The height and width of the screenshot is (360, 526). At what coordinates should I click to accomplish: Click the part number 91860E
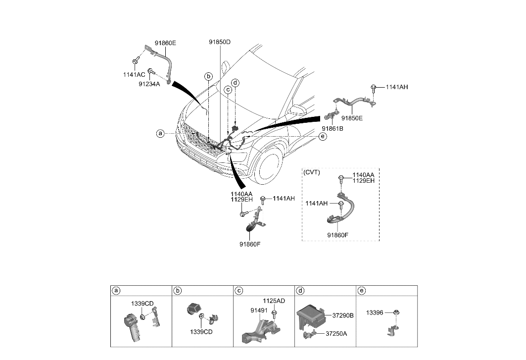pyautogui.click(x=165, y=43)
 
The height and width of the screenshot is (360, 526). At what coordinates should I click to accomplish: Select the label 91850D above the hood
pyautogui.click(x=220, y=42)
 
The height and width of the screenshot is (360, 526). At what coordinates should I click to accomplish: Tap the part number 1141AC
pyautogui.click(x=134, y=74)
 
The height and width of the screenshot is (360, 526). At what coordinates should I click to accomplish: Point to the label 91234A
pyautogui.click(x=149, y=84)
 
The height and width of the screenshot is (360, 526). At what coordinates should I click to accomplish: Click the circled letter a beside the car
pyautogui.click(x=160, y=134)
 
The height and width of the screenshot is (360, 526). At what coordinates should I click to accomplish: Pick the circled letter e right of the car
pyautogui.click(x=323, y=136)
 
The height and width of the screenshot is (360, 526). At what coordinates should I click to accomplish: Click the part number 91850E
pyautogui.click(x=352, y=119)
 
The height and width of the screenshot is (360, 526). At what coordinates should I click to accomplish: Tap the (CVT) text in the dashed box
pyautogui.click(x=312, y=173)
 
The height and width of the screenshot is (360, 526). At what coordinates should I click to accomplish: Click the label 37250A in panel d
pyautogui.click(x=336, y=333)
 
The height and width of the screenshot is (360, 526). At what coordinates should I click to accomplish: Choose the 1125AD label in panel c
pyautogui.click(x=273, y=301)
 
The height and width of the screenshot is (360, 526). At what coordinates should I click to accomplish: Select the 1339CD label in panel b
pyautogui.click(x=201, y=332)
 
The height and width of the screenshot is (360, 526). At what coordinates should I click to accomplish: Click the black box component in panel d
pyautogui.click(x=309, y=316)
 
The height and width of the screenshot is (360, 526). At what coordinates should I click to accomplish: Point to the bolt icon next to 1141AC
pyautogui.click(x=135, y=61)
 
